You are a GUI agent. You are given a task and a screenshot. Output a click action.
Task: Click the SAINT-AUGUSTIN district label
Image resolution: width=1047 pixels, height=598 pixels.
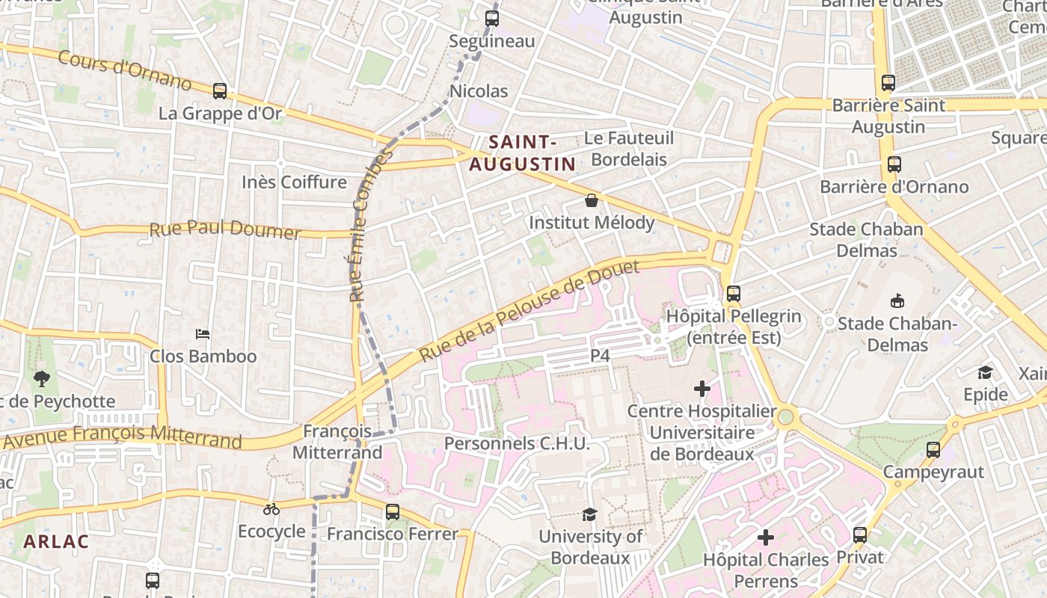pos(522,152)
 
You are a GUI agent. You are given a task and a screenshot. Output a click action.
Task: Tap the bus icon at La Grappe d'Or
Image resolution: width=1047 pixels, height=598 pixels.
pos(220,91)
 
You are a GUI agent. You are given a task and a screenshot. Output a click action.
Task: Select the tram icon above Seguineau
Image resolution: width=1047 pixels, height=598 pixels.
pos(492,19)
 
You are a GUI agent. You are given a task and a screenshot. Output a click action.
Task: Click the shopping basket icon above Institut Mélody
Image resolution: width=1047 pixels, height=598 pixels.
pos(592,200)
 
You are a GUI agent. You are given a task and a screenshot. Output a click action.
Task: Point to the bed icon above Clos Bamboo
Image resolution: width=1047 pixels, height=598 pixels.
pos(203,334)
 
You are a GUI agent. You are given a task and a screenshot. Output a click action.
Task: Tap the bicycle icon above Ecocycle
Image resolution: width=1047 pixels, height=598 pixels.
pos(271,509)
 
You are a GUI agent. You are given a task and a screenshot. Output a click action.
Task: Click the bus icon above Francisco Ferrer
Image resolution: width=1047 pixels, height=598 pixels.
pos(393,512)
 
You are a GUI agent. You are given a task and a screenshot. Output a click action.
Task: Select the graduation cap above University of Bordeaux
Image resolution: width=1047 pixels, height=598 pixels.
pos(590,514)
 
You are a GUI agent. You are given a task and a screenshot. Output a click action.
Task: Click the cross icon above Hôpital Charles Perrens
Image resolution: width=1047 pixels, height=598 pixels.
pos(766,537)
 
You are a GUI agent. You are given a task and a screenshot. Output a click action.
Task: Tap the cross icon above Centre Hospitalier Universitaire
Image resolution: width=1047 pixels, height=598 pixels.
pos(702,389)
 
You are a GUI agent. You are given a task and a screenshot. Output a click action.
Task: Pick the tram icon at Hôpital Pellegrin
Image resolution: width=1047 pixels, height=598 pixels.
pos(734,294)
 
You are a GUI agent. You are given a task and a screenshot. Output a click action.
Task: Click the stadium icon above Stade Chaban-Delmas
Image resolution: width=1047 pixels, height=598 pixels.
pos(897,301)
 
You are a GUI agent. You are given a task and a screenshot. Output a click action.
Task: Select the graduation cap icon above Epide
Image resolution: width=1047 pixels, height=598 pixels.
pos(986,372)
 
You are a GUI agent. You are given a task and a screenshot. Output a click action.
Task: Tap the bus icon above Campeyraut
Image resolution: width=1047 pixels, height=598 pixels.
pos(933,450)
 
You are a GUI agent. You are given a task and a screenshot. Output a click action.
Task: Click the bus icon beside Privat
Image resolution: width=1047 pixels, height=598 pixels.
pos(860,535)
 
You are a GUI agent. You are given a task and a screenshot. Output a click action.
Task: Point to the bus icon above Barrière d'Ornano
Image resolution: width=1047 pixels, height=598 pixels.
pos(894,164)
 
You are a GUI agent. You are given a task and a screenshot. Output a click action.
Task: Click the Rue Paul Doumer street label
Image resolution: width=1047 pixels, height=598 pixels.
pos(224,229)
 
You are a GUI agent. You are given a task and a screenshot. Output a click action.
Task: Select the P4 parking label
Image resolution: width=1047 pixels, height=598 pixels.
pos(601,356)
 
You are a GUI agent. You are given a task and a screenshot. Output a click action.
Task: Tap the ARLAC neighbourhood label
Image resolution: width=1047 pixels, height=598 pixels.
pos(56,541)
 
